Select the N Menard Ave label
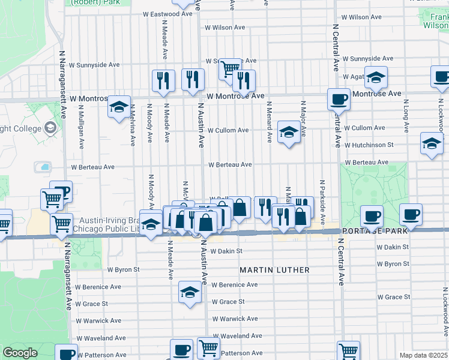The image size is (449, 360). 270,122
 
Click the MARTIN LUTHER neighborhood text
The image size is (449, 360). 274,270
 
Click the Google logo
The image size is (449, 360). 20,353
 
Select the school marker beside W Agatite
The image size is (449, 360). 376,78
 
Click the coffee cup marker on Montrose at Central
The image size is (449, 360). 339,99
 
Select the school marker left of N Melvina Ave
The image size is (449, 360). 119,107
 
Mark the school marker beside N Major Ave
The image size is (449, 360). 289,132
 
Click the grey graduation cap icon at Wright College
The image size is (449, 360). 50,128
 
